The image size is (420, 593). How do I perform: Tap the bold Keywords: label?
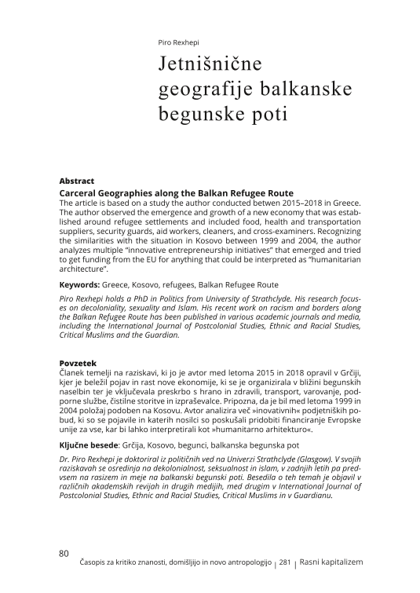80,284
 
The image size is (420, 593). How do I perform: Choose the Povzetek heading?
78,363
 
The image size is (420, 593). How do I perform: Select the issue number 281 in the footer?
285,564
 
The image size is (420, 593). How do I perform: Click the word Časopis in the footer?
95,564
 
